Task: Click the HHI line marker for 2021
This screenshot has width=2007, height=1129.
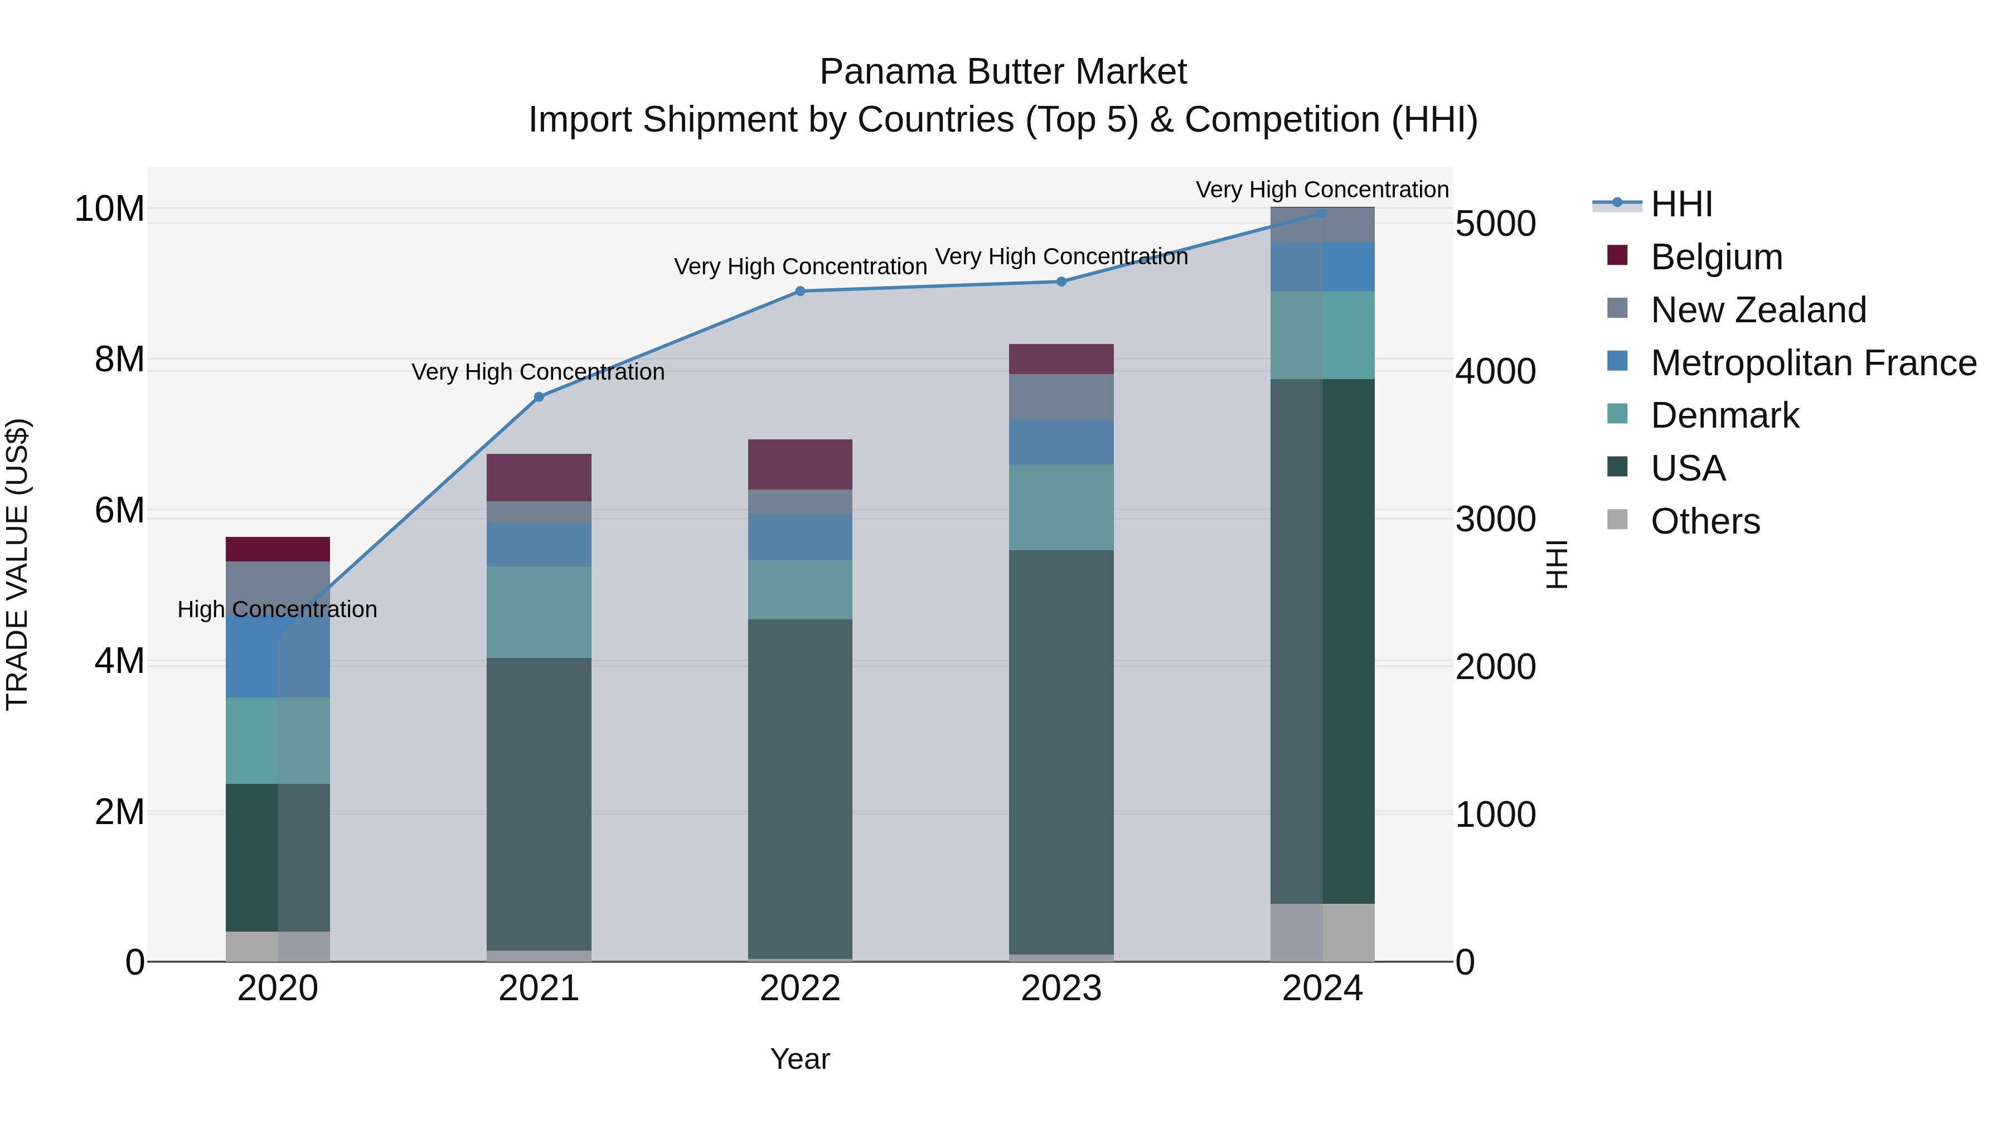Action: click(539, 396)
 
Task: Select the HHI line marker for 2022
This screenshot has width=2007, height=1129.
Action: click(800, 292)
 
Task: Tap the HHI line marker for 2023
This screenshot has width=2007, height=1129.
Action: click(1061, 282)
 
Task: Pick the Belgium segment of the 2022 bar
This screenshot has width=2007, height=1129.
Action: click(800, 464)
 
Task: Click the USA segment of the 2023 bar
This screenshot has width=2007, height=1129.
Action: click(1061, 752)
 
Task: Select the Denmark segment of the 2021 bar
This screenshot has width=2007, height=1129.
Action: click(539, 612)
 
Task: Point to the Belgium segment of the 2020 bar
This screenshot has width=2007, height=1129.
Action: click(278, 549)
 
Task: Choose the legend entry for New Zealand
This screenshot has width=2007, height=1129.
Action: click(1758, 310)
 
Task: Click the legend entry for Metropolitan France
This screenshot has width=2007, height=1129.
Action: click(1812, 363)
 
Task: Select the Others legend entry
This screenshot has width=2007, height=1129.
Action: click(1705, 521)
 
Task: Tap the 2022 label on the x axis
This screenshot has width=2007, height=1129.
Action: click(800, 989)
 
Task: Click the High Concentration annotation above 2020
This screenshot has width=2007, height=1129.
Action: click(278, 609)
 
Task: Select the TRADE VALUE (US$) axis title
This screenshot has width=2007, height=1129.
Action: click(17, 564)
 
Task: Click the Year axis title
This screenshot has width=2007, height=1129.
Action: click(800, 1059)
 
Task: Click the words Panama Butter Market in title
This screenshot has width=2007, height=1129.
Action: click(1003, 72)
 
